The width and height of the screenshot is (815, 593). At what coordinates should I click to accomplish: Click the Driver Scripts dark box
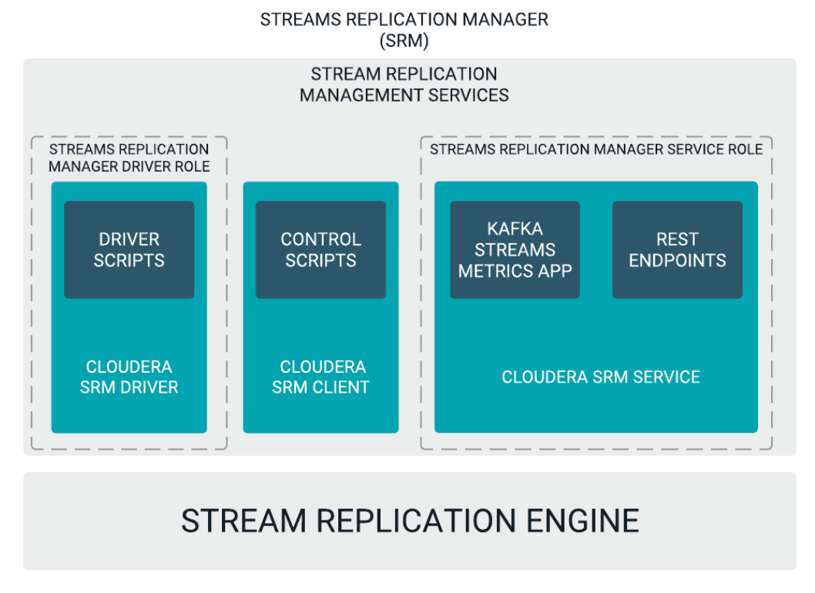click(x=129, y=250)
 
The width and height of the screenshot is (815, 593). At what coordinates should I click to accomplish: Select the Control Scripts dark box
click(x=320, y=250)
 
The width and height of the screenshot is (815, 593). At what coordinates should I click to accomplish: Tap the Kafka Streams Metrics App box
click(x=515, y=250)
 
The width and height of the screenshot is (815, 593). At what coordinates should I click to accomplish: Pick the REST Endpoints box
click(x=677, y=250)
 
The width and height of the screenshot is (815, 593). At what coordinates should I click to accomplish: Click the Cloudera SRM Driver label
click(x=129, y=377)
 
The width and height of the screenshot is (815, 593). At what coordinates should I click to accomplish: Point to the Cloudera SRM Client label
click(x=320, y=377)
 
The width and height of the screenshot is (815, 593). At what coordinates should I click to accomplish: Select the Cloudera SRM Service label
click(x=601, y=377)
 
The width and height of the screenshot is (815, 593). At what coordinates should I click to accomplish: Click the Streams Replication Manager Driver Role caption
click(x=129, y=157)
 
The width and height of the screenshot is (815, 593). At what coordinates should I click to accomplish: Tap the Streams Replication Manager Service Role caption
click(x=596, y=149)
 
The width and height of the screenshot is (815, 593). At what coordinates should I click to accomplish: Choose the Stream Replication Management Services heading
click(x=404, y=85)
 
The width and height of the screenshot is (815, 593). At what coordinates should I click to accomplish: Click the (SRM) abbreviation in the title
click(x=404, y=41)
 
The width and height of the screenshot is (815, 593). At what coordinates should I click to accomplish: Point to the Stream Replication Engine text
click(x=410, y=521)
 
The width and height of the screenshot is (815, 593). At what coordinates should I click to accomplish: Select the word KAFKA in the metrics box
click(x=515, y=229)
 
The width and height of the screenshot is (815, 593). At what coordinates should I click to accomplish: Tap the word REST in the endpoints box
click(x=677, y=240)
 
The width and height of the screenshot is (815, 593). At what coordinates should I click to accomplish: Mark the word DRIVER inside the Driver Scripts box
click(x=129, y=240)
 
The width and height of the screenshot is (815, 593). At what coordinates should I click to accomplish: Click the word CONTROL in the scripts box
click(x=320, y=240)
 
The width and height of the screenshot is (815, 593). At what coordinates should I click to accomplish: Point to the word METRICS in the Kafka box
click(x=488, y=271)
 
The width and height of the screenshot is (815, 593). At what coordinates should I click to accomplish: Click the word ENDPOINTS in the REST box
click(x=677, y=260)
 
